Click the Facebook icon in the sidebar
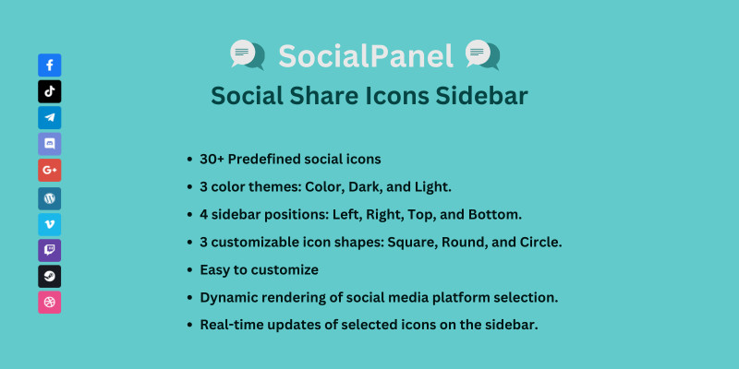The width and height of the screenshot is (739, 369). pyautogui.click(x=50, y=65)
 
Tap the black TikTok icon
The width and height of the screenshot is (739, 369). pyautogui.click(x=50, y=91)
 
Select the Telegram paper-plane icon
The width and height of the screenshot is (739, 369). pyautogui.click(x=50, y=118)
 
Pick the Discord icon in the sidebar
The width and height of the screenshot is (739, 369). pyautogui.click(x=50, y=144)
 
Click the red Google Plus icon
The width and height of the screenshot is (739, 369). pyautogui.click(x=50, y=171)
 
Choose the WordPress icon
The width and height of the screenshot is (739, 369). pyautogui.click(x=50, y=198)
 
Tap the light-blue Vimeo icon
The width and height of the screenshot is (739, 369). pyautogui.click(x=50, y=224)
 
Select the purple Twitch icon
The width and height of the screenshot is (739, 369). pyautogui.click(x=50, y=250)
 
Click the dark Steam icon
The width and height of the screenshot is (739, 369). pyautogui.click(x=50, y=276)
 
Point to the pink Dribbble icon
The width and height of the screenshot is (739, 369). pyautogui.click(x=50, y=303)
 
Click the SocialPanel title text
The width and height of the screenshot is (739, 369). pyautogui.click(x=366, y=55)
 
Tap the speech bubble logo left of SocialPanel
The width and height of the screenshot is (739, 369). pyautogui.click(x=248, y=54)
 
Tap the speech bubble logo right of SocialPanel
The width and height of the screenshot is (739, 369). pyautogui.click(x=482, y=54)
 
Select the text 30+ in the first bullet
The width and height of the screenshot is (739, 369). pyautogui.click(x=212, y=159)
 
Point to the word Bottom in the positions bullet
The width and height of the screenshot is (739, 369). pyautogui.click(x=494, y=215)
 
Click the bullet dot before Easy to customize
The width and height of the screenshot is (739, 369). pyautogui.click(x=189, y=270)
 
